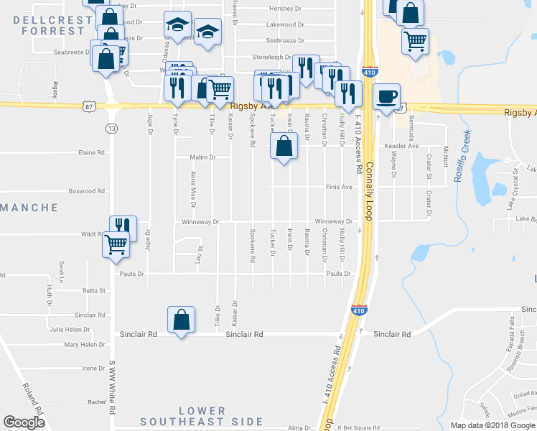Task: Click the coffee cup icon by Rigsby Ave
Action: (386, 96)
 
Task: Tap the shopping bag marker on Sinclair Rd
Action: (182, 320)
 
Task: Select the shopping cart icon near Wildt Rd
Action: (116, 244)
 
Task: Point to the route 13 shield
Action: (111, 128)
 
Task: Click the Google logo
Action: (24, 422)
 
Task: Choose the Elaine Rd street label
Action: (91, 152)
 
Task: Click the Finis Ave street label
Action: (340, 187)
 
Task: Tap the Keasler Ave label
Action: (401, 146)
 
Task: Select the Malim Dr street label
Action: (203, 157)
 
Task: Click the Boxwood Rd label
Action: (87, 191)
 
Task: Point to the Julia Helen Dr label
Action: (67, 330)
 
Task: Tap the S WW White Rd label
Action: (112, 388)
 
